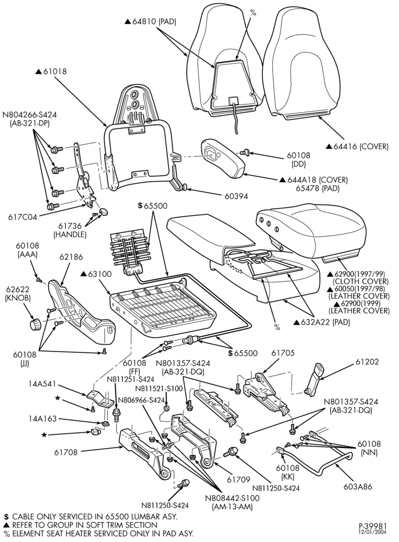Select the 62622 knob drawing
click(x=34, y=325)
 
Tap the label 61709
click(x=239, y=480)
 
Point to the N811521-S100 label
click(x=158, y=388)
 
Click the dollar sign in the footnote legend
click(x=6, y=517)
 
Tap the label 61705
click(x=283, y=353)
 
